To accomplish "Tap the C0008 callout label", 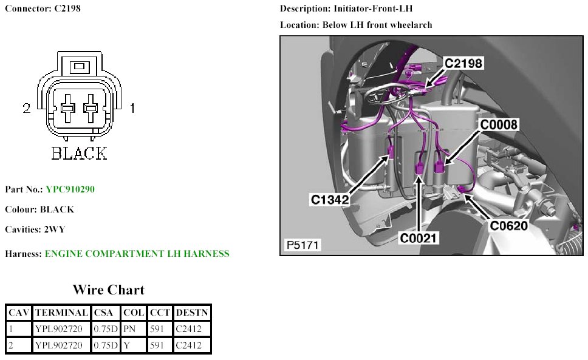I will point(499,125).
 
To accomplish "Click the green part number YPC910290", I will point(70,189).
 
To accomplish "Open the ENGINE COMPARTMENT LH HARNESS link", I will point(137,254).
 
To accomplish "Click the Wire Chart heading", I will point(108,290).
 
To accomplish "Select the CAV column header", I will point(18,313).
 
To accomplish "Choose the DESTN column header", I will point(192,313).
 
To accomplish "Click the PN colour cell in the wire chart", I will point(129,329).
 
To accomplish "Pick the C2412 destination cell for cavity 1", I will point(188,329).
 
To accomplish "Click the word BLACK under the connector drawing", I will point(80,154).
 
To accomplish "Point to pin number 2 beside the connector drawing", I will point(26,108).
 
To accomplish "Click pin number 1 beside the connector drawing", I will point(132,108).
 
